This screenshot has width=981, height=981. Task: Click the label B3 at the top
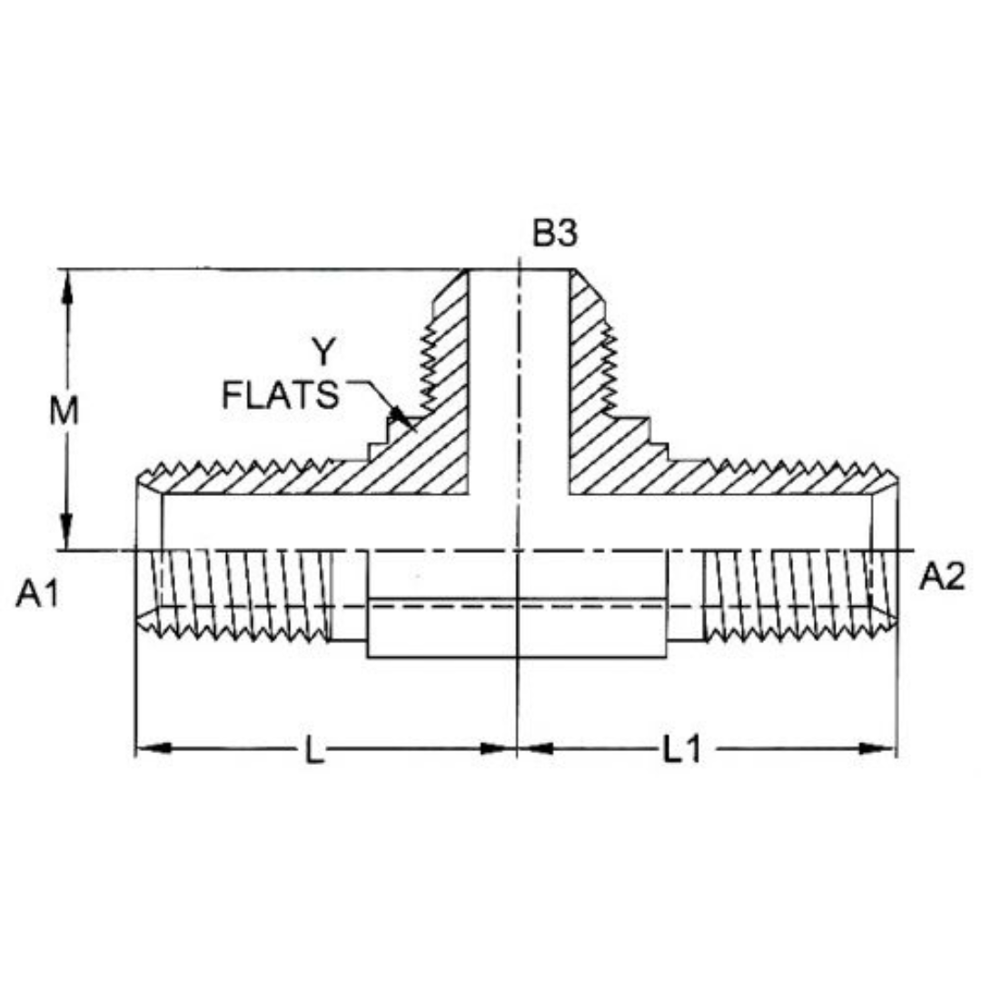click(x=555, y=234)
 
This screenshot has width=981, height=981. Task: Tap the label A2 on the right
click(x=942, y=577)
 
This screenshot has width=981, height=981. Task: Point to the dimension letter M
click(x=64, y=411)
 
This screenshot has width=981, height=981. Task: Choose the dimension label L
click(x=314, y=751)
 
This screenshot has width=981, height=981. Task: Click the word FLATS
click(x=281, y=396)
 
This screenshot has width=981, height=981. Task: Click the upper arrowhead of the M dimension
click(x=66, y=286)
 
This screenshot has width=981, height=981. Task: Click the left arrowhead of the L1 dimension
click(x=535, y=748)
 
